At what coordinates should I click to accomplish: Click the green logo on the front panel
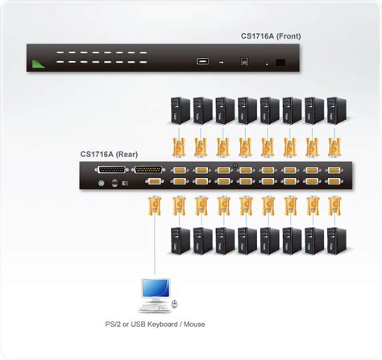35,63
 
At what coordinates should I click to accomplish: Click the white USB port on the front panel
201,60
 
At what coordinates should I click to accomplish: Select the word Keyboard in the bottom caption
185,325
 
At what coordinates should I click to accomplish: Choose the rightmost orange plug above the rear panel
333,147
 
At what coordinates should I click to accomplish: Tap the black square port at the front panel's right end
280,60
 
